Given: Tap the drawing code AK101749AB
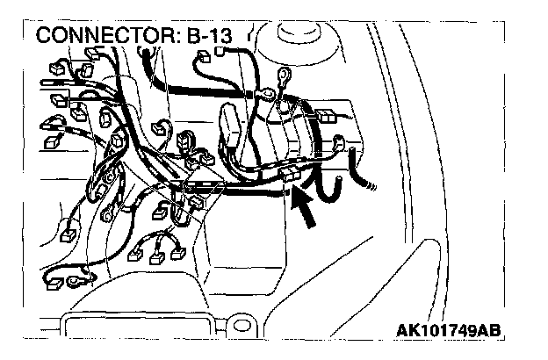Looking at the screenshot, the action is (448, 332).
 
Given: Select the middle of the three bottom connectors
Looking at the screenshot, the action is (157, 256).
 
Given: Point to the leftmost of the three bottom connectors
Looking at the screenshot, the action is (135, 255).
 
